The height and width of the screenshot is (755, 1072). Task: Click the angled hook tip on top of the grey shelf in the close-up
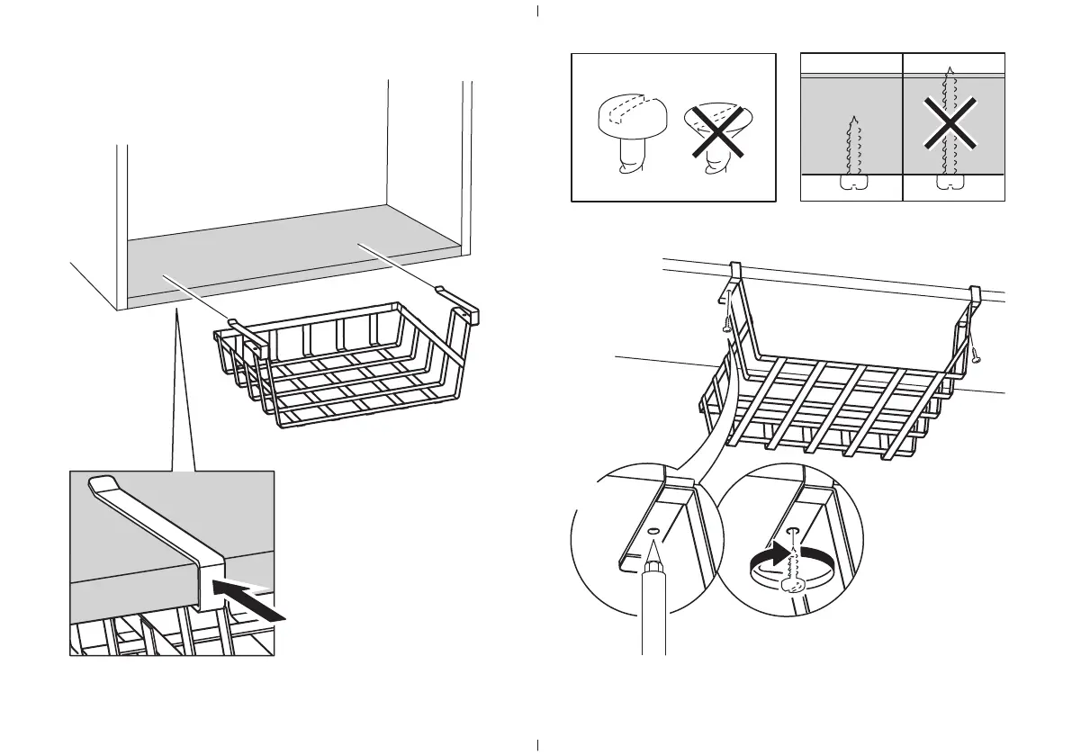point(101,483)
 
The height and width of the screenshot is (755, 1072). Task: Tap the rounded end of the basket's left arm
point(232,320)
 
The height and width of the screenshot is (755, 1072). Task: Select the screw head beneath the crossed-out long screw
point(944,184)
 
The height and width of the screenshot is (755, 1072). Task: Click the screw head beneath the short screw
point(850,184)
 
